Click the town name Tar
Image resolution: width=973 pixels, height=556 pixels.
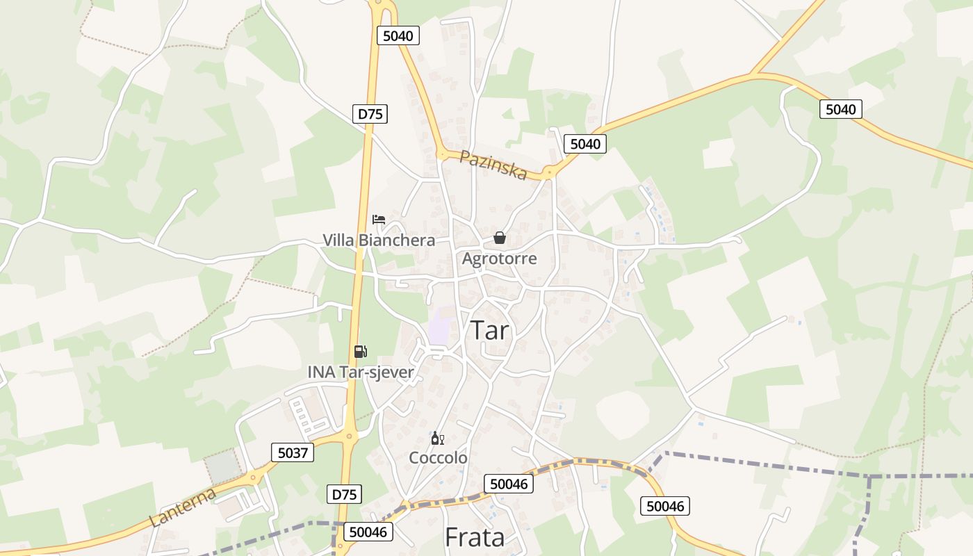click(x=491, y=331)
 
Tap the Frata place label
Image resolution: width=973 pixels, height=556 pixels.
click(x=474, y=537)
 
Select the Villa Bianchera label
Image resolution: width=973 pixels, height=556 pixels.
click(x=379, y=240)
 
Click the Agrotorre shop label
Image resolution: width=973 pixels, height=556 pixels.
click(x=499, y=259)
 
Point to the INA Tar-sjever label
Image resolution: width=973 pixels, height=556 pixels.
click(x=361, y=373)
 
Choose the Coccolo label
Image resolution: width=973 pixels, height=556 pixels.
click(x=438, y=458)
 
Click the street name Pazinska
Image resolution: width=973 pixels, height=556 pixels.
click(x=493, y=165)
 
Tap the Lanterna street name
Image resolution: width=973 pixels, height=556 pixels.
click(x=182, y=507)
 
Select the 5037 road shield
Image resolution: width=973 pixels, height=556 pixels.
click(x=292, y=453)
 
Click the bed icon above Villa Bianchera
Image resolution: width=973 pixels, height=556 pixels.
click(x=379, y=220)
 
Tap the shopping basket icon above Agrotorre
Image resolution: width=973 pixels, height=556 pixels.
click(x=499, y=238)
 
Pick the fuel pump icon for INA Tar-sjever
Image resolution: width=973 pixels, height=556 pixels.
click(x=360, y=352)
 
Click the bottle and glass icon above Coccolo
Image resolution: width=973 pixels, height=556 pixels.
click(x=437, y=438)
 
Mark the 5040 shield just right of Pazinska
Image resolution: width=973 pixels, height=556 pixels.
click(x=584, y=144)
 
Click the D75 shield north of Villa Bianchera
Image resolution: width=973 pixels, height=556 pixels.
click(x=370, y=114)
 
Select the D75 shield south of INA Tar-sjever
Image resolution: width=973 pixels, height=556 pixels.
click(x=343, y=494)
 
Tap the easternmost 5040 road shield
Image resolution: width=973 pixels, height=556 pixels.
click(x=840, y=109)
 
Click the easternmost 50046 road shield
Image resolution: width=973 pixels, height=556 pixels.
click(x=664, y=506)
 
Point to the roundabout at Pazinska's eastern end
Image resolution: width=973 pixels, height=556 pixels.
click(x=549, y=172)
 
